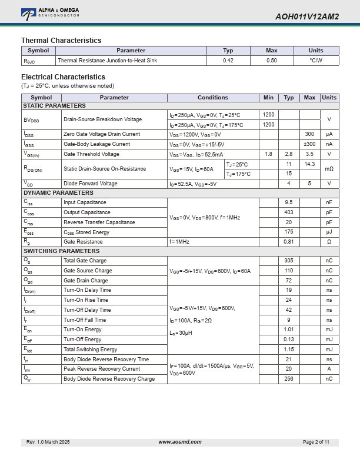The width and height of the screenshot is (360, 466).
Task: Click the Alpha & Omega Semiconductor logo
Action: [x=50, y=12]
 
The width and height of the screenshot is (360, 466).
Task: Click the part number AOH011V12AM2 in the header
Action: [x=306, y=16]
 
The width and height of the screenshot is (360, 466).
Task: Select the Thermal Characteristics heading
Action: [x=61, y=41]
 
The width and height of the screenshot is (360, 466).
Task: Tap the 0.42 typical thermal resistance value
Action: [x=228, y=61]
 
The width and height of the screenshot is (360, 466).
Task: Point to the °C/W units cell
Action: [x=316, y=61]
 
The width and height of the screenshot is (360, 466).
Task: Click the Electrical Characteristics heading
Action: [x=63, y=77]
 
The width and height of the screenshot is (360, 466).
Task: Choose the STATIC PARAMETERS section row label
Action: [x=54, y=106]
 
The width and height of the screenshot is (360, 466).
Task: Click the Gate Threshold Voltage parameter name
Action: [x=91, y=154]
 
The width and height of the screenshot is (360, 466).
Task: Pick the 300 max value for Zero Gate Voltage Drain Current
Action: [x=309, y=134]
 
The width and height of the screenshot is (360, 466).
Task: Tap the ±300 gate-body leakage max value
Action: [x=309, y=144]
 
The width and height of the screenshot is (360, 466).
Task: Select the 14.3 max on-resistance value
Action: [x=309, y=164]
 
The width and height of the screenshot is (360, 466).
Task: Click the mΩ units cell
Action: [x=329, y=169]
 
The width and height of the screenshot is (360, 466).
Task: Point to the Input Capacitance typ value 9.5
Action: [x=289, y=202]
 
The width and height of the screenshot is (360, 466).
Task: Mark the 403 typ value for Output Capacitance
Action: [x=289, y=212]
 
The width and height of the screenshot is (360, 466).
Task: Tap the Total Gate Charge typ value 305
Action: [x=289, y=261]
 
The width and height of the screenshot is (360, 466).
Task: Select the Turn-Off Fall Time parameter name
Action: [x=85, y=320]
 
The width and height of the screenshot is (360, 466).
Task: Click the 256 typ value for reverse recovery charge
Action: [x=289, y=379]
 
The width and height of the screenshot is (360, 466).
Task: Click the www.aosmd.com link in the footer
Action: [x=180, y=442]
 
